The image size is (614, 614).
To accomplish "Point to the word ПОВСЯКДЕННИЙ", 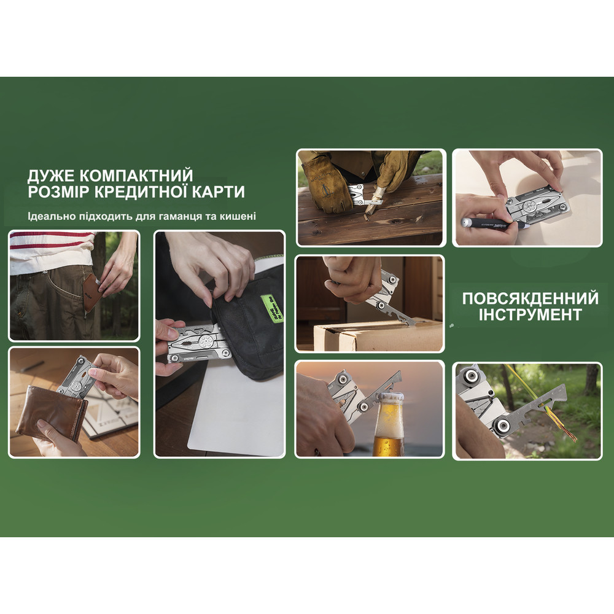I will [530, 299].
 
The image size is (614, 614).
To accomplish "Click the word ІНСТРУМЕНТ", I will [530, 315].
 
